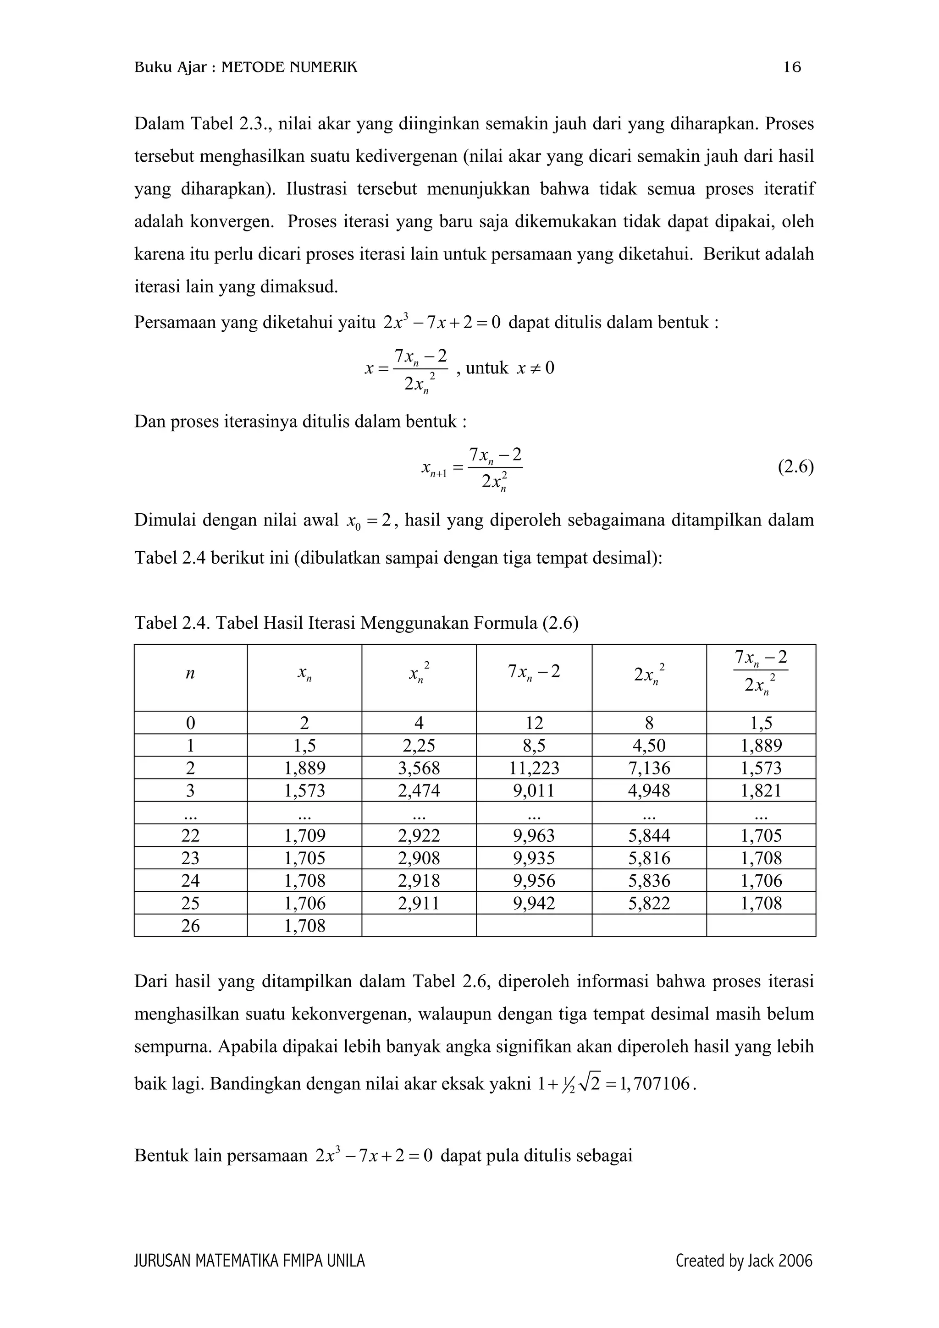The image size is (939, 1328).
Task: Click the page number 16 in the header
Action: (x=792, y=68)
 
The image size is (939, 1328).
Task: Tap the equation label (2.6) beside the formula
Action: (x=795, y=467)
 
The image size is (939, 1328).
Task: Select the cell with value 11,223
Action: (x=534, y=768)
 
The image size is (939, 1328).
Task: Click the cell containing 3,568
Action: (x=419, y=768)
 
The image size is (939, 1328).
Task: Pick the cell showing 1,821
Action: (x=761, y=790)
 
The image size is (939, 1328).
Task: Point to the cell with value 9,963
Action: (x=534, y=836)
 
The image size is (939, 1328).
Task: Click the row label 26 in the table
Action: (x=190, y=926)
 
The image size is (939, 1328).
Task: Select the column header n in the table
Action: (x=190, y=673)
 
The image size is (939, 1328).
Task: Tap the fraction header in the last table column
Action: (x=760, y=672)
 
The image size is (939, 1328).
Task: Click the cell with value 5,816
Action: (x=649, y=858)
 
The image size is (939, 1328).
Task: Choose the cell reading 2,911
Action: (x=419, y=904)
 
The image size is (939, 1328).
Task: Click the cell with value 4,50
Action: (x=649, y=746)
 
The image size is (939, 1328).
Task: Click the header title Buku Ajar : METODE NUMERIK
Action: (x=246, y=68)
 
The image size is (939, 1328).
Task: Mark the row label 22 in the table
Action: (x=190, y=836)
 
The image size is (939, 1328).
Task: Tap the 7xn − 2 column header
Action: (x=534, y=672)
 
